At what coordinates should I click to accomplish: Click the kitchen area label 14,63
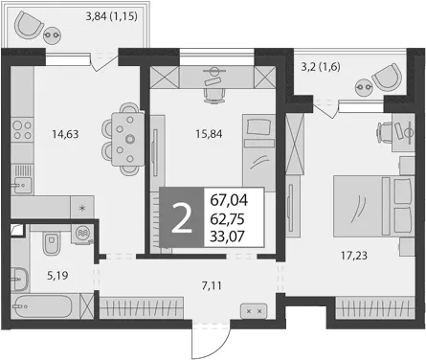pyautogui.click(x=65, y=134)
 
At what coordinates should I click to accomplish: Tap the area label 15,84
pyautogui.click(x=209, y=134)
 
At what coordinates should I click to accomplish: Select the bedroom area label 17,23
pyautogui.click(x=354, y=256)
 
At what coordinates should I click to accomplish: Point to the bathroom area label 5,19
pyautogui.click(x=57, y=275)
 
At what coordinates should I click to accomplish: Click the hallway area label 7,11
pyautogui.click(x=212, y=285)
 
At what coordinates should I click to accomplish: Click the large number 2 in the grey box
pyautogui.click(x=182, y=217)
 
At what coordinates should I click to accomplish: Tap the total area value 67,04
pyautogui.click(x=229, y=200)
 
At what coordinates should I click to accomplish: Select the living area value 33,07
pyautogui.click(x=227, y=236)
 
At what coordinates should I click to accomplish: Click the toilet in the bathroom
pyautogui.click(x=51, y=243)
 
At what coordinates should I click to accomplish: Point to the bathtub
pyautogui.click(x=42, y=306)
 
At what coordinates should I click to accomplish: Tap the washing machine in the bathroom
pyautogui.click(x=82, y=234)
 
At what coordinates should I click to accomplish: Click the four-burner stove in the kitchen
pyautogui.click(x=22, y=130)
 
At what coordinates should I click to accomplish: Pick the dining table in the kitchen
pyautogui.click(x=128, y=139)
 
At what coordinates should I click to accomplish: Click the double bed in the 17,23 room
pyautogui.click(x=373, y=206)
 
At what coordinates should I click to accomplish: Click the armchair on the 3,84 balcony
pyautogui.click(x=28, y=26)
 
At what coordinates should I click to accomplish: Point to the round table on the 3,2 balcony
pyautogui.click(x=364, y=86)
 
